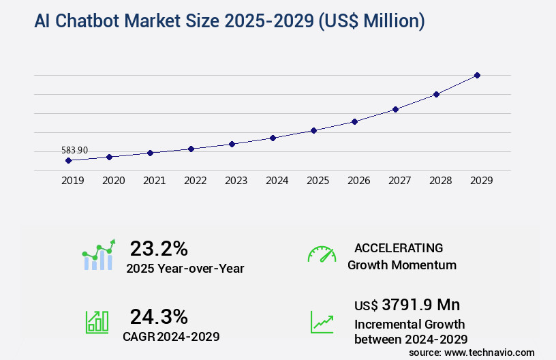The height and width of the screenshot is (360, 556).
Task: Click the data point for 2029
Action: point(477,75)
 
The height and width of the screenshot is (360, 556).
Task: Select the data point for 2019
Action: point(68,160)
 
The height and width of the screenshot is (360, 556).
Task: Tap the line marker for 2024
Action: point(273,138)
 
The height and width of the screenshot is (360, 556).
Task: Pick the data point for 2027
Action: point(395,109)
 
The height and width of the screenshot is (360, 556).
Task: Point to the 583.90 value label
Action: point(74,150)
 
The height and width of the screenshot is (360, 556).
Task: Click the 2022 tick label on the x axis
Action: point(196,181)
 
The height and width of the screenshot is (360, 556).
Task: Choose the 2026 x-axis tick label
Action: point(359,181)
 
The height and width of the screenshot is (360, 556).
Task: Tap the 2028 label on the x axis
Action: point(441,181)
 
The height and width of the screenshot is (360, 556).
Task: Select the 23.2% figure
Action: point(159,248)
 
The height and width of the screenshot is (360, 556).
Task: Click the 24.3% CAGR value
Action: point(159,316)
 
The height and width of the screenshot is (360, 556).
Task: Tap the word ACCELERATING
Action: point(399,248)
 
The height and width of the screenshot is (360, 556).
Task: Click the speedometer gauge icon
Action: point(322,254)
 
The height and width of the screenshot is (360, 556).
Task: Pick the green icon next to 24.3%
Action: point(97,322)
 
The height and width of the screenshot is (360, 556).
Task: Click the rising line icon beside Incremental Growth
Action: point(322,322)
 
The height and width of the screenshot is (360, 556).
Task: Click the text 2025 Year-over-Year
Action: point(185,269)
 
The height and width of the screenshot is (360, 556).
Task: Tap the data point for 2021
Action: point(150,153)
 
